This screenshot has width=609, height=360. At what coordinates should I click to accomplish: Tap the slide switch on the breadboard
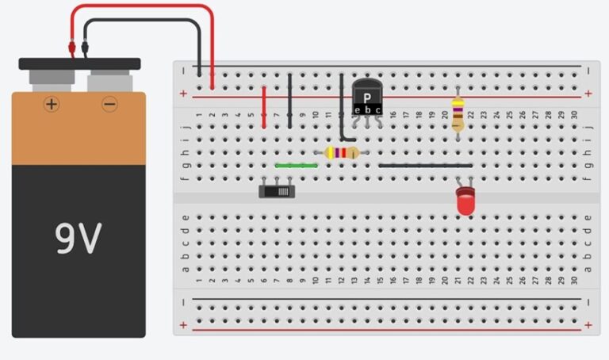point(278,190)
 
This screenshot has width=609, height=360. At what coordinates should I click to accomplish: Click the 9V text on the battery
point(79,237)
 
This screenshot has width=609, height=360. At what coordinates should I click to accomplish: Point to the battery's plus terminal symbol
point(52,104)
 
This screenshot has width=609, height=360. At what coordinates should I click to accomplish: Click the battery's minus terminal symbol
point(109,104)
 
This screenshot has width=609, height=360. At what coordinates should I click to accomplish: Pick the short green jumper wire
point(296,166)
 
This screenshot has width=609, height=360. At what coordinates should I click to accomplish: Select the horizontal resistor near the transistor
point(342,153)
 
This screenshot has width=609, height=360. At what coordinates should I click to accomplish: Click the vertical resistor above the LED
point(458,113)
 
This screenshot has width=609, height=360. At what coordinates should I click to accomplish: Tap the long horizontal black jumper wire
point(425,166)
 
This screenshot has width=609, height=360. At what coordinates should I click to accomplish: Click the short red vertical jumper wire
point(264,106)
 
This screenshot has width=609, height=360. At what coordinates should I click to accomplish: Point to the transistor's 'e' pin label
point(358,109)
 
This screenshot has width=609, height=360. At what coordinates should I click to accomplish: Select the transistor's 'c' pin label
point(378,109)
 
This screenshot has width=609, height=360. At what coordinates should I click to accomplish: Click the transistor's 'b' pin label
point(368,109)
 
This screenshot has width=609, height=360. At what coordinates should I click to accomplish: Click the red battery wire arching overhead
point(143,7)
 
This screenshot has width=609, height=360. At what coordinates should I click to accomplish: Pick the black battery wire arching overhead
point(143,21)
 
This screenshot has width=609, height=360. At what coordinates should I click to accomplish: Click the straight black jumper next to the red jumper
point(290,100)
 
